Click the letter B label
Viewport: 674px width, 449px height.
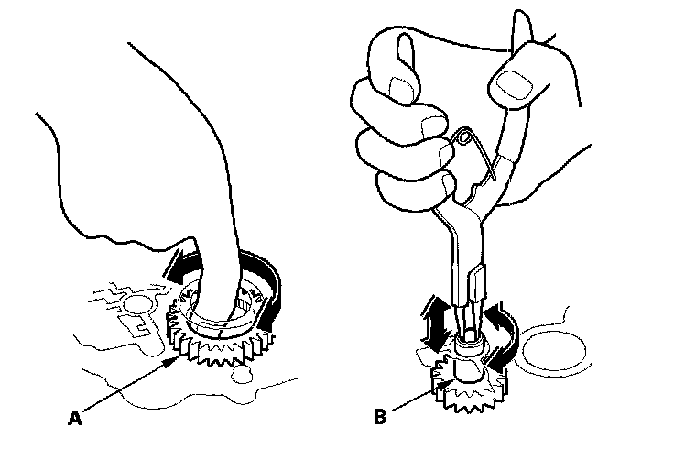pos(379,417)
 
